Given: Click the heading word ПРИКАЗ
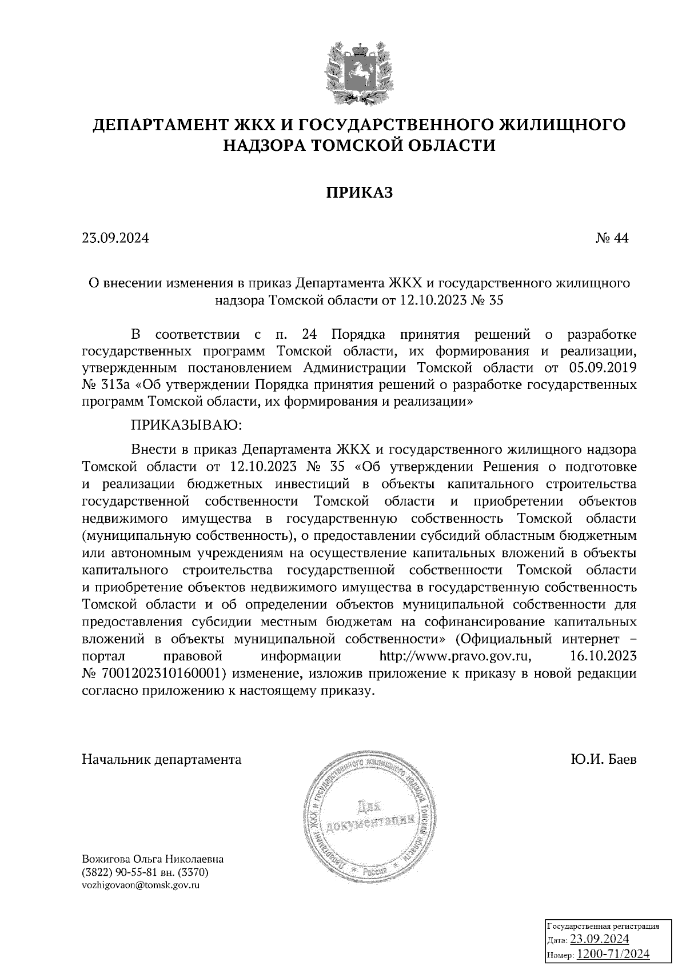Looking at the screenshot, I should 360,193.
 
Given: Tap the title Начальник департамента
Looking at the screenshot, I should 162,760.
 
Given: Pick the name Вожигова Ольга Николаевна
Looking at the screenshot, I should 153,859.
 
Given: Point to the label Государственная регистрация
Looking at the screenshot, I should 603,926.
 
